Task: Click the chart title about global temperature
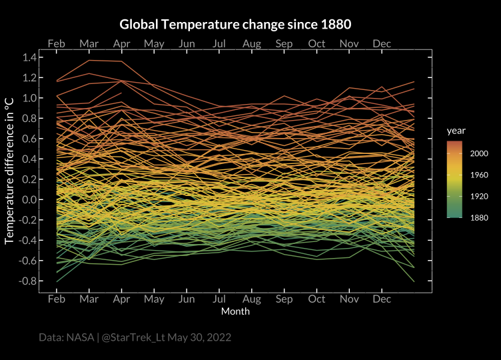pos(235,25)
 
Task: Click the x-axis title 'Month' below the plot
pos(235,311)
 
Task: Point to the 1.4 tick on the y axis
pos(30,57)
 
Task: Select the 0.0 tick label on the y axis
pos(30,200)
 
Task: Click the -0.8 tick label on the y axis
pos(28,281)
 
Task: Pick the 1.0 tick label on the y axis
pos(30,98)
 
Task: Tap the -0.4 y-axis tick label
pos(28,241)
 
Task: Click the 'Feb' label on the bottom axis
pos(57,300)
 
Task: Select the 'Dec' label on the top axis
pos(382,43)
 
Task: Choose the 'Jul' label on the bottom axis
pos(219,300)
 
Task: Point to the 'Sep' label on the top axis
pos(284,43)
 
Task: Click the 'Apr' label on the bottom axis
pos(121,300)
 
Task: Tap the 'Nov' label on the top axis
pos(349,43)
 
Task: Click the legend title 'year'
pos(456,130)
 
